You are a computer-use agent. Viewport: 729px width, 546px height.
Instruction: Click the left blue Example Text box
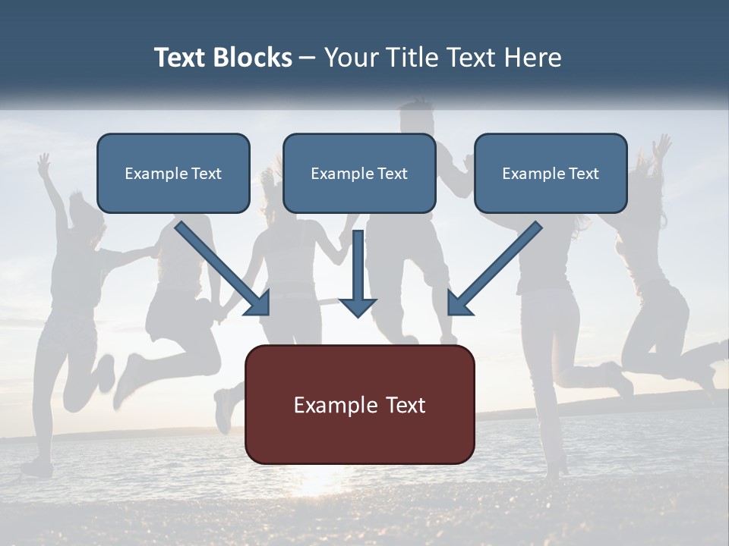(x=173, y=173)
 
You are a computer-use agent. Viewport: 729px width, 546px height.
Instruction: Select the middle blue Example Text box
(x=359, y=173)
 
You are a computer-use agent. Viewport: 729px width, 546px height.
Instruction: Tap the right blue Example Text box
(x=551, y=173)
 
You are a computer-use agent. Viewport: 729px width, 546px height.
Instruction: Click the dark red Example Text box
(x=359, y=404)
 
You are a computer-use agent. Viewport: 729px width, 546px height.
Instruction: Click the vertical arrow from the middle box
(x=358, y=273)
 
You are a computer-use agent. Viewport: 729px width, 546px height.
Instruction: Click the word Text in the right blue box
(x=583, y=174)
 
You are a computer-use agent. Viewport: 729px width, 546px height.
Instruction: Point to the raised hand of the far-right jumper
(x=663, y=144)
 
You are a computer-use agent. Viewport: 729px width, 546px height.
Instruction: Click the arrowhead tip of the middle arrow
(x=358, y=315)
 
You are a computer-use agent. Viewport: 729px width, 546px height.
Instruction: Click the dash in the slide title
(x=308, y=58)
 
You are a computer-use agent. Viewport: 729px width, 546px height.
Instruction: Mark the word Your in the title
(x=350, y=58)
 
